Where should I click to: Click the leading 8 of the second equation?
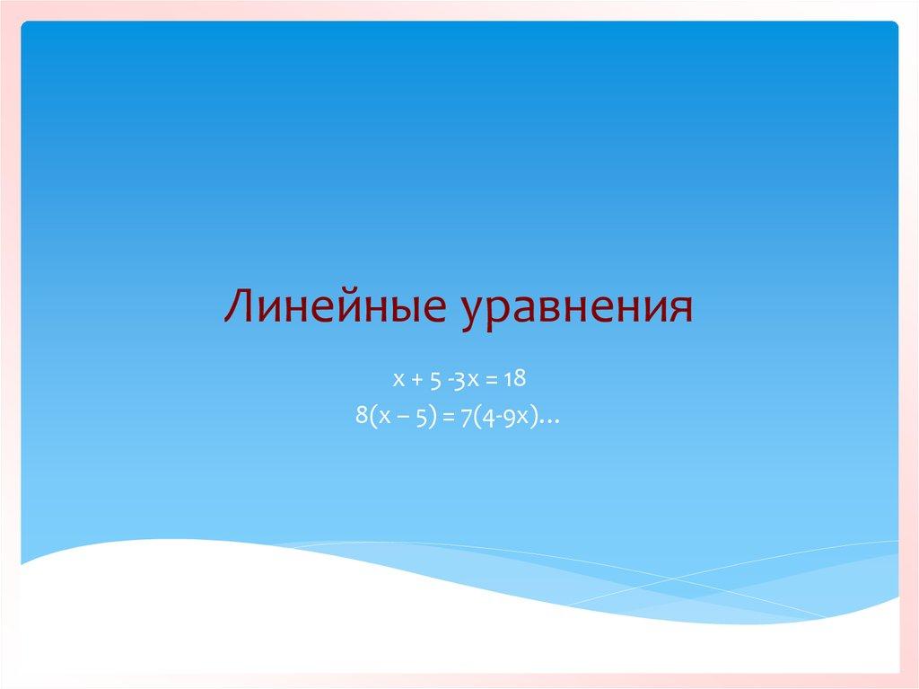362,415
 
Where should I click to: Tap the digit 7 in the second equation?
466,415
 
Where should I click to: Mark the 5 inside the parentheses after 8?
421,415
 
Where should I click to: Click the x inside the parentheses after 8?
383,416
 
